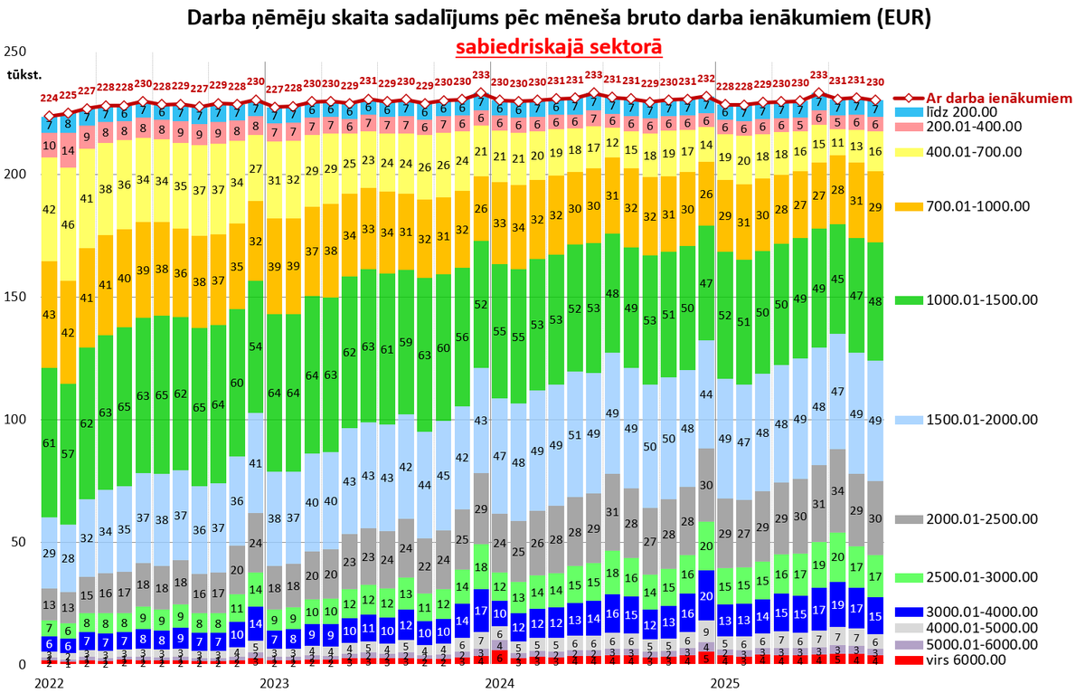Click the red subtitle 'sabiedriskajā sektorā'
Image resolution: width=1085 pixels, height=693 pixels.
[x=558, y=47]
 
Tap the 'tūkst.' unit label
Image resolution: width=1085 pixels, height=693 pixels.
[x=24, y=73]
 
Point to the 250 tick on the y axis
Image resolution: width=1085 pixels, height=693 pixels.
[x=15, y=52]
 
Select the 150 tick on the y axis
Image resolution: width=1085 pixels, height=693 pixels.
[x=15, y=297]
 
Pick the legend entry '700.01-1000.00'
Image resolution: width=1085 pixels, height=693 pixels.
[x=984, y=206]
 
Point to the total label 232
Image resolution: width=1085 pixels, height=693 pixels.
[x=706, y=79]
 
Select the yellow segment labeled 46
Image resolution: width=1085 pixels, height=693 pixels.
[x=68, y=223]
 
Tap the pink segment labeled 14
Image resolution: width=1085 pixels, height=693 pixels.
[x=68, y=150]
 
